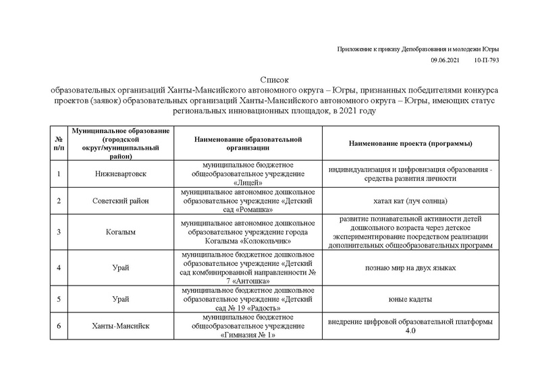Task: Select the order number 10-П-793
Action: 487,60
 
